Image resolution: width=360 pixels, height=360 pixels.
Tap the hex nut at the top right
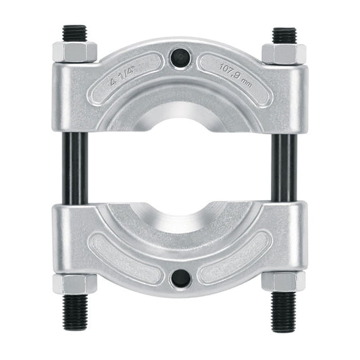[284, 53]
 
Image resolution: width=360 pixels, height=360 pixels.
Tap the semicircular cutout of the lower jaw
[180, 215]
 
